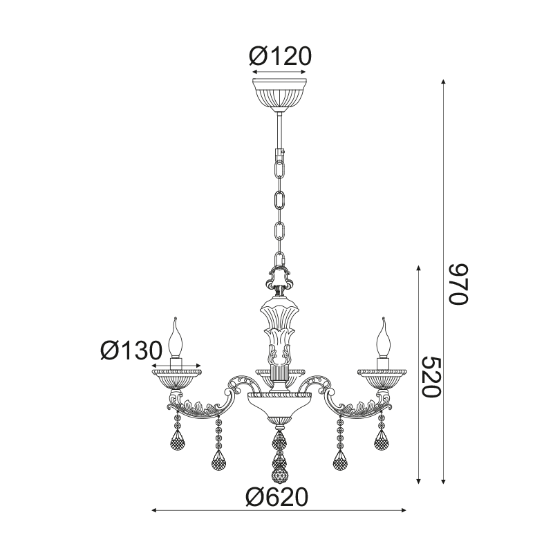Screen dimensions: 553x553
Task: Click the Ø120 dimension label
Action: click(281, 56)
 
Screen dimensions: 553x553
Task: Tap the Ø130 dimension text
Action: click(131, 350)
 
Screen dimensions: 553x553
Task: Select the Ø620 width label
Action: click(277, 497)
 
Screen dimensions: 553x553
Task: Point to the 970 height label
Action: click(458, 284)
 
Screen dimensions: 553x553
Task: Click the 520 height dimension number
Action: click(431, 377)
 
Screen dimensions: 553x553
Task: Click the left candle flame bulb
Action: click(176, 338)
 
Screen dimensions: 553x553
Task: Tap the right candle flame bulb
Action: click(384, 338)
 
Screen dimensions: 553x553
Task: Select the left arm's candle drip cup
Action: click(177, 379)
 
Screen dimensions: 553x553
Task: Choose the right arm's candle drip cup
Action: click(382, 379)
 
